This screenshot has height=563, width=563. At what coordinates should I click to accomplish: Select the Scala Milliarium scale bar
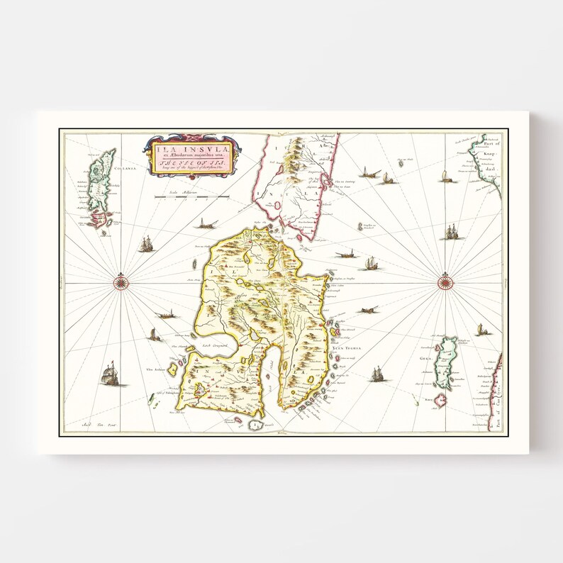pyautogui.click(x=192, y=196)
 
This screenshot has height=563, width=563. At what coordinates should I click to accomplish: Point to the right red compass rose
pyautogui.click(x=445, y=283)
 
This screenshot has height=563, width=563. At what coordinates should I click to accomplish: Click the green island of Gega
pyautogui.click(x=446, y=362)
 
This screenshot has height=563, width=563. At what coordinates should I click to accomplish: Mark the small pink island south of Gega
pyautogui.click(x=441, y=401)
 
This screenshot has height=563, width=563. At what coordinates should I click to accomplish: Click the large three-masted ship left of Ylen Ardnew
pyautogui.click(x=108, y=374)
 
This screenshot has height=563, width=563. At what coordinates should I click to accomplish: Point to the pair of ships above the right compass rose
pyautogui.click(x=451, y=232)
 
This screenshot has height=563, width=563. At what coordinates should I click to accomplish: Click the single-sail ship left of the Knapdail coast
pyautogui.click(x=445, y=177)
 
